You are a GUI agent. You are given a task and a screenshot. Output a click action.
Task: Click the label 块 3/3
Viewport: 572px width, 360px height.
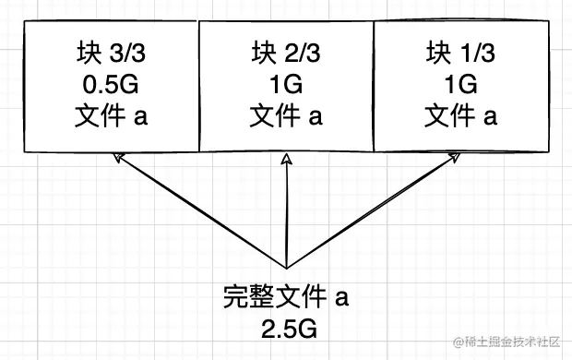[x=111, y=53]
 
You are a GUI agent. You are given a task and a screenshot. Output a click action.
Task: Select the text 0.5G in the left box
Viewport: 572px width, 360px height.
[x=111, y=85]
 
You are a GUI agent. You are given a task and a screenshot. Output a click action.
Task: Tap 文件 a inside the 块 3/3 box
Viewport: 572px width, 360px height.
[x=111, y=115]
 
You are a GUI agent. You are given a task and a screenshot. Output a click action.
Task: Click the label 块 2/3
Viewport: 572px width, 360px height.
[x=286, y=53]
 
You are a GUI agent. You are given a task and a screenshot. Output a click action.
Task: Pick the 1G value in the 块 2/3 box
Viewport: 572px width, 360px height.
[x=286, y=85]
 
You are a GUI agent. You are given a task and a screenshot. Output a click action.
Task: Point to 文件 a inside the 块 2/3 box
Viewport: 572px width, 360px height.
[x=286, y=115]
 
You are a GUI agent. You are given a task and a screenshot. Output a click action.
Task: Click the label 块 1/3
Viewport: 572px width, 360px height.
[x=460, y=53]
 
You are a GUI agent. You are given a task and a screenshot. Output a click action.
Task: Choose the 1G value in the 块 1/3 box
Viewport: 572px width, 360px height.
[x=460, y=85]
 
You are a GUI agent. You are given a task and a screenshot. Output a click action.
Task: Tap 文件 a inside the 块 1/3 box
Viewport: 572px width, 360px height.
[x=460, y=115]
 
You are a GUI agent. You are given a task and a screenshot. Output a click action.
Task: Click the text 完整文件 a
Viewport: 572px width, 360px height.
[x=286, y=296]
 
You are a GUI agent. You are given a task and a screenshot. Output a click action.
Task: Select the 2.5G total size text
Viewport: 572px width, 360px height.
[x=290, y=329]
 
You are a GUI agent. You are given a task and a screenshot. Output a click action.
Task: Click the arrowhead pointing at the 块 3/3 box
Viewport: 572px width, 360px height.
[x=118, y=157]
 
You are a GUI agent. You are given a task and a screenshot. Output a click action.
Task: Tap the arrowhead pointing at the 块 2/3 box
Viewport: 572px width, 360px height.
[x=287, y=158]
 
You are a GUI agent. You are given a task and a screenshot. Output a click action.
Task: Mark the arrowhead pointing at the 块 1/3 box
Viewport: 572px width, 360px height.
[x=455, y=157]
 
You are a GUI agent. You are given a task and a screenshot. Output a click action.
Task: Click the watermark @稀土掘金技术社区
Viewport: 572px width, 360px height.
[x=506, y=342]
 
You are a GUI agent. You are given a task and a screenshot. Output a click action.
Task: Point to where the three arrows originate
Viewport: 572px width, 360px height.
[x=287, y=269]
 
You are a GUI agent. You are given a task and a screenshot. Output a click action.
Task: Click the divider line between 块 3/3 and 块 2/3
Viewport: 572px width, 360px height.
[x=198, y=86]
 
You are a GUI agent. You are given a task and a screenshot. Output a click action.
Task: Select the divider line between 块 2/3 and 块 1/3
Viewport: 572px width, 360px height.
[x=374, y=86]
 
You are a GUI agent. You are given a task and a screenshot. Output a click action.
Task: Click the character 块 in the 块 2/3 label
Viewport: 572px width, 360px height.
[x=263, y=53]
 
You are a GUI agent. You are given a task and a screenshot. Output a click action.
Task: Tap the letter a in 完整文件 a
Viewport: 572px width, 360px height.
[x=341, y=298]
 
